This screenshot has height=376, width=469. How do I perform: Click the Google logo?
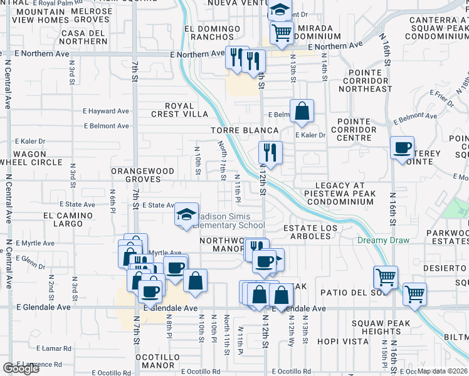click(21, 368)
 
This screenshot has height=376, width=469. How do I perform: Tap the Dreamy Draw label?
click(383, 240)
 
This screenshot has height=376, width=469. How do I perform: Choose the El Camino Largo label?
click(68, 219)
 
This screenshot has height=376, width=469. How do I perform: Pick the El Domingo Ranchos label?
click(213, 33)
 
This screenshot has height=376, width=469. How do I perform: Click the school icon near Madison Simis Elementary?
click(186, 214)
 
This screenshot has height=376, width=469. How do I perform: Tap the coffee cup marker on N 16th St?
click(402, 148)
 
